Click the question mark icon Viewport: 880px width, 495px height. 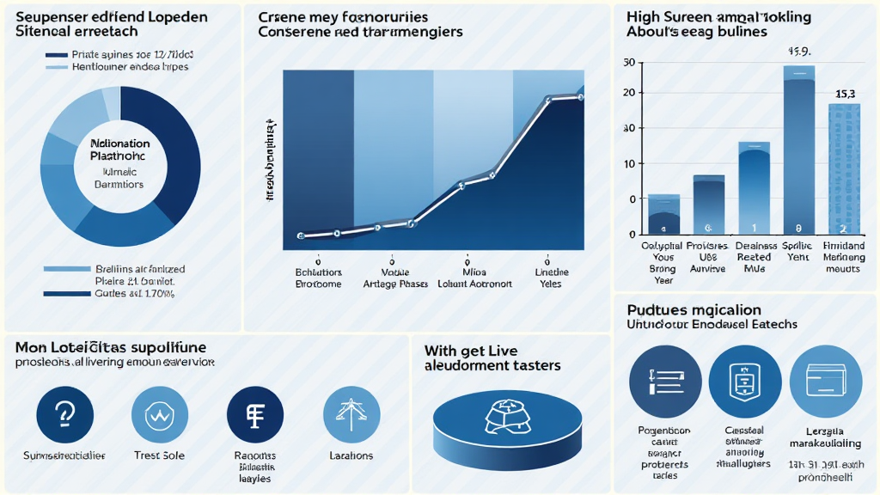coord(65,414)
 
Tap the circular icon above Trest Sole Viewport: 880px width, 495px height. coord(160,414)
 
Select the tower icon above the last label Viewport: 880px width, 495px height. coord(351,414)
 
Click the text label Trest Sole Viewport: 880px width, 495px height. coord(160,455)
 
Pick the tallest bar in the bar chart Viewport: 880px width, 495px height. coord(798,155)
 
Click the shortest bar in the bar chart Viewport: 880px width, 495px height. coord(663,215)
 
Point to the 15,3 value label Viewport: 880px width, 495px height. coord(845,94)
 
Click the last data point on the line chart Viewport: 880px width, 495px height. coord(581,97)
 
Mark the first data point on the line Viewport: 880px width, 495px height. coord(301,235)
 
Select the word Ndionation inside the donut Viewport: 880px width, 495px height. coord(119,144)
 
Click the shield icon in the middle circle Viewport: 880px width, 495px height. coord(745,381)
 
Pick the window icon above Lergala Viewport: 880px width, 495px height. coord(825,381)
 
